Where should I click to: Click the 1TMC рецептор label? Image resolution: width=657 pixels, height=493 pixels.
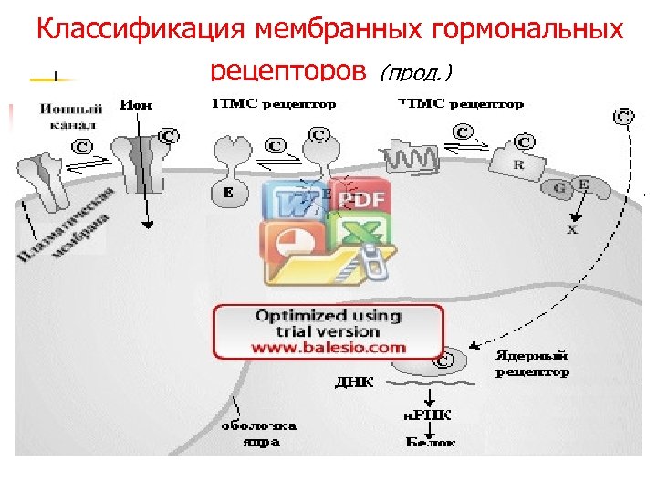(x=273, y=104)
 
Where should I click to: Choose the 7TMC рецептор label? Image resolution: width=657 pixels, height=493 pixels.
(x=461, y=104)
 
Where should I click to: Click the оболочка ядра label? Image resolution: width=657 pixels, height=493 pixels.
(x=259, y=433)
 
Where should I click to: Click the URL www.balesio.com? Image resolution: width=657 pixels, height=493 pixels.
(x=329, y=348)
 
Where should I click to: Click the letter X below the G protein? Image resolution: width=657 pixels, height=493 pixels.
(x=573, y=230)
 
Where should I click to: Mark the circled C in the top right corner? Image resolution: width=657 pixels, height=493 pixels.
(x=623, y=116)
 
